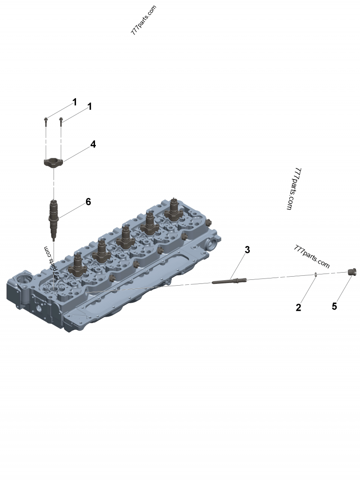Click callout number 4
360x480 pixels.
point(93,144)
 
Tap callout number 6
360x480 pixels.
point(88,202)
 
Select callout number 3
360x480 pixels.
point(247,250)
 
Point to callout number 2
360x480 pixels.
point(298,307)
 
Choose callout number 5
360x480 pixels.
point(334,306)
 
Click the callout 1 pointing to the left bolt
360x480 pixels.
point(74,102)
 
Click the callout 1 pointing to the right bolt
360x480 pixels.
point(90,107)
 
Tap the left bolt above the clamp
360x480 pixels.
point(46,121)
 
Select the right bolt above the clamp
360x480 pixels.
point(61,121)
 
